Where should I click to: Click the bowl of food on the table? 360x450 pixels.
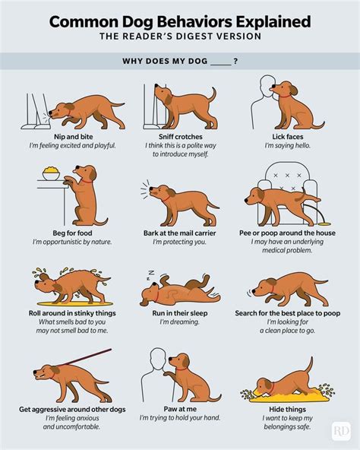coord(52,174)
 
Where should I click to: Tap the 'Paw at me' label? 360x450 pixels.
coord(179,408)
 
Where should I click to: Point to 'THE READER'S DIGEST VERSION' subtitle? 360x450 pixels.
coord(180,37)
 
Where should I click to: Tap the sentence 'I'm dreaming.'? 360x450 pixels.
coord(179,322)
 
